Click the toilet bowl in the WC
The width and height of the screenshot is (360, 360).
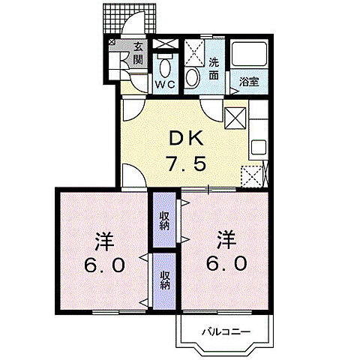165,69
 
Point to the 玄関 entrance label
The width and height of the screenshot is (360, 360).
138,52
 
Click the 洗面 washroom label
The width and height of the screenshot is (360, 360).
214,68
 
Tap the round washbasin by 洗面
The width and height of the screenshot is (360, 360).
192,76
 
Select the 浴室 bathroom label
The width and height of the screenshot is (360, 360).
249,82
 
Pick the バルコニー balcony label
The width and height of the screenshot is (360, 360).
223,331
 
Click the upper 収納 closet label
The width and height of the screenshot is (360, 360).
163,221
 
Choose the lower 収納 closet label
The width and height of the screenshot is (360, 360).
163,280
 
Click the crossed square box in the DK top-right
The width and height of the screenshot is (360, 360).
235,118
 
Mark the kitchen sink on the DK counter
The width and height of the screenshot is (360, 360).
258,146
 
